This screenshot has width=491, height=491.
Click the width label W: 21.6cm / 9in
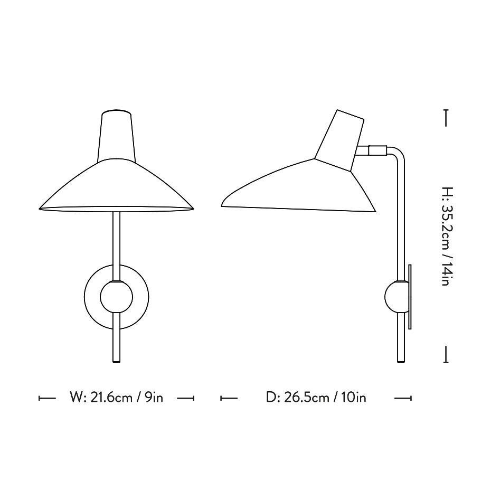click(x=116, y=398)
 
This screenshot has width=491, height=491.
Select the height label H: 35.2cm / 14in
click(x=446, y=236)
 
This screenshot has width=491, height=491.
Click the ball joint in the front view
click(x=117, y=298)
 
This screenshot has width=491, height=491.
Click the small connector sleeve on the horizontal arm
click(x=377, y=150)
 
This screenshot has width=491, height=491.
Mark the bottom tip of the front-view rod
click(x=117, y=361)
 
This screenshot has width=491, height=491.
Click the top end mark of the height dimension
click(x=446, y=117)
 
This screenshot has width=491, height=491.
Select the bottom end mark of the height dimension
click(x=446, y=355)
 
